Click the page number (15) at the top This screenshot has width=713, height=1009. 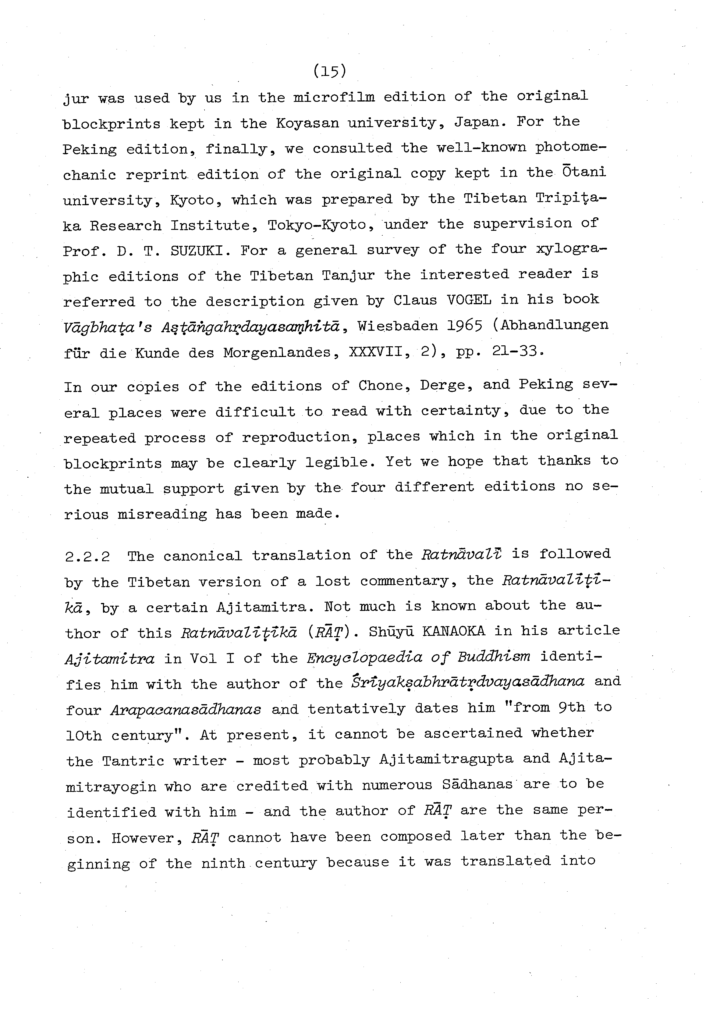pos(330,71)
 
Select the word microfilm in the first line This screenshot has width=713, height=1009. pos(334,97)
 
